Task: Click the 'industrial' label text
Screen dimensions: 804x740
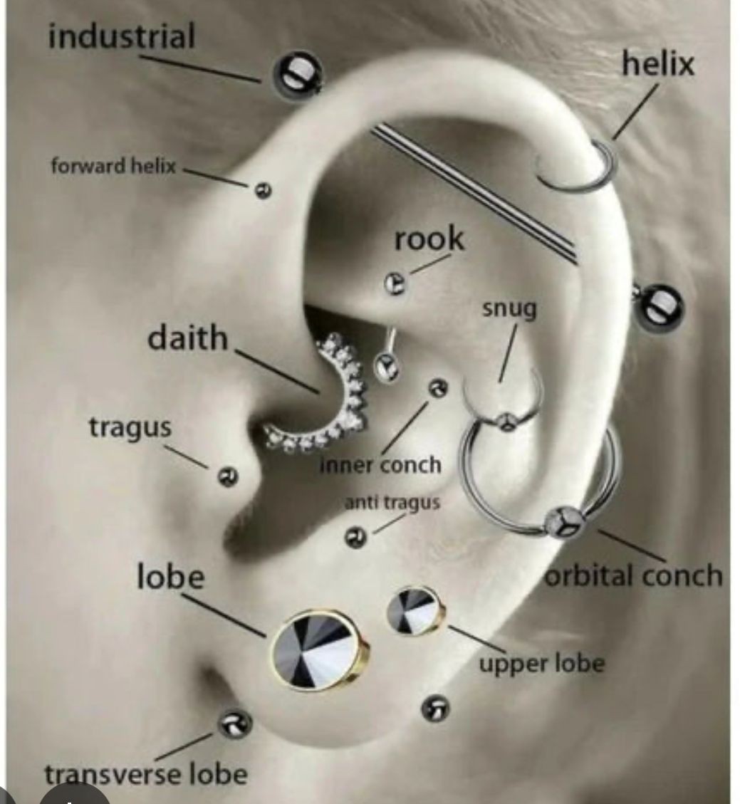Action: tap(121, 36)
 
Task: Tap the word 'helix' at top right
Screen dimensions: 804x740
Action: tap(657, 65)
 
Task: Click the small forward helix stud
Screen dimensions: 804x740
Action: tap(263, 190)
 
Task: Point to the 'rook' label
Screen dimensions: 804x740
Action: tap(429, 239)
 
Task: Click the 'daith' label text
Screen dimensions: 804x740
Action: tap(187, 338)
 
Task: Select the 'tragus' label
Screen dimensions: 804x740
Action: tap(130, 427)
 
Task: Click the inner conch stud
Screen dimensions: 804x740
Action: tap(437, 388)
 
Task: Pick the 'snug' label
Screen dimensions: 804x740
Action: tap(509, 309)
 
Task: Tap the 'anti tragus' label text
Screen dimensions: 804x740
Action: tap(392, 503)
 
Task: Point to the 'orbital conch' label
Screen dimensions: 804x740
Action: tap(633, 575)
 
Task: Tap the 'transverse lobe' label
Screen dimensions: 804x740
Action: tap(146, 774)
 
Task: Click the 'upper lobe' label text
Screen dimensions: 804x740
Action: tap(541, 664)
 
